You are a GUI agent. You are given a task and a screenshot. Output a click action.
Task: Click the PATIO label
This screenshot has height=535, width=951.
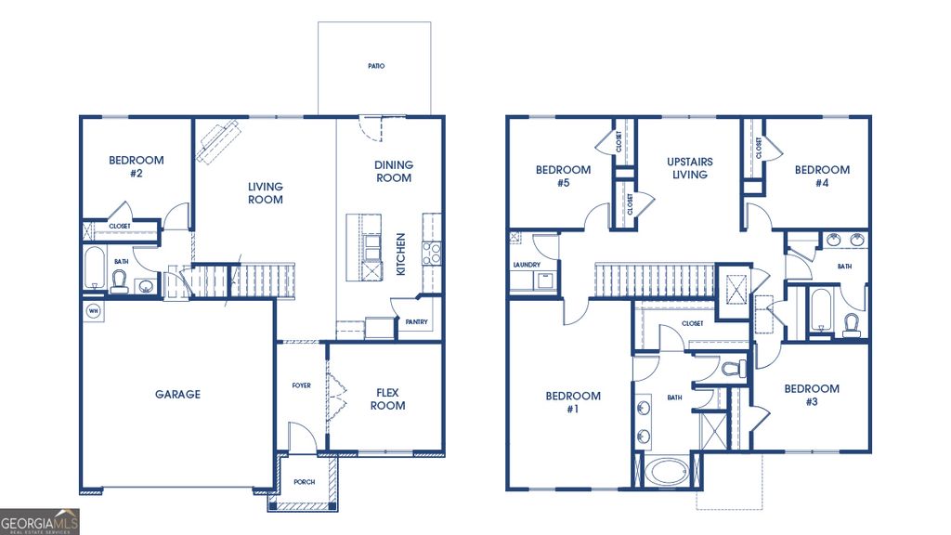(375, 67)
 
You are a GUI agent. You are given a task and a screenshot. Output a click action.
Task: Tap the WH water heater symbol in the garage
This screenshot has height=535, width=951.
(93, 310)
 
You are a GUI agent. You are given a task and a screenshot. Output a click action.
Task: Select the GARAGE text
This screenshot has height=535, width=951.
(177, 395)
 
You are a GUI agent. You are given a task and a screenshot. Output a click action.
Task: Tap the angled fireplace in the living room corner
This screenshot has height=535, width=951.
(215, 141)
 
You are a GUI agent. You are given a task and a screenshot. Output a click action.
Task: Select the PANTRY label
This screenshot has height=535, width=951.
(414, 322)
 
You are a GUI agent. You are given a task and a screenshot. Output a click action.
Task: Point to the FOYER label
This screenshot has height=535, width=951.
(302, 385)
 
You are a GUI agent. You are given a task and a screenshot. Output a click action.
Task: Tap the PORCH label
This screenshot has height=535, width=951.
(305, 482)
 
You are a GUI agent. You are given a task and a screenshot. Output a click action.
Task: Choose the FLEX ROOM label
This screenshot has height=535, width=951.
(387, 398)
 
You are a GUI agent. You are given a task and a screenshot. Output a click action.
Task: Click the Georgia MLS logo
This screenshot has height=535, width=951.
(40, 521)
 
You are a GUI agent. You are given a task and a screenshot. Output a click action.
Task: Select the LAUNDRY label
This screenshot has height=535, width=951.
(526, 265)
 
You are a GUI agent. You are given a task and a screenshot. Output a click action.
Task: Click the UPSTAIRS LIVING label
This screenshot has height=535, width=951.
(689, 168)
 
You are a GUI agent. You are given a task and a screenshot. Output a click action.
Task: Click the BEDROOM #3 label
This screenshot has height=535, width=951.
(811, 395)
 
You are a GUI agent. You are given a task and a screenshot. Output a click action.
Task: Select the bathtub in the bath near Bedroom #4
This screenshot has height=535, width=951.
(820, 312)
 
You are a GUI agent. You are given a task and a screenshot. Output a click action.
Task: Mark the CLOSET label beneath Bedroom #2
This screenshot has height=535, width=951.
(119, 226)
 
